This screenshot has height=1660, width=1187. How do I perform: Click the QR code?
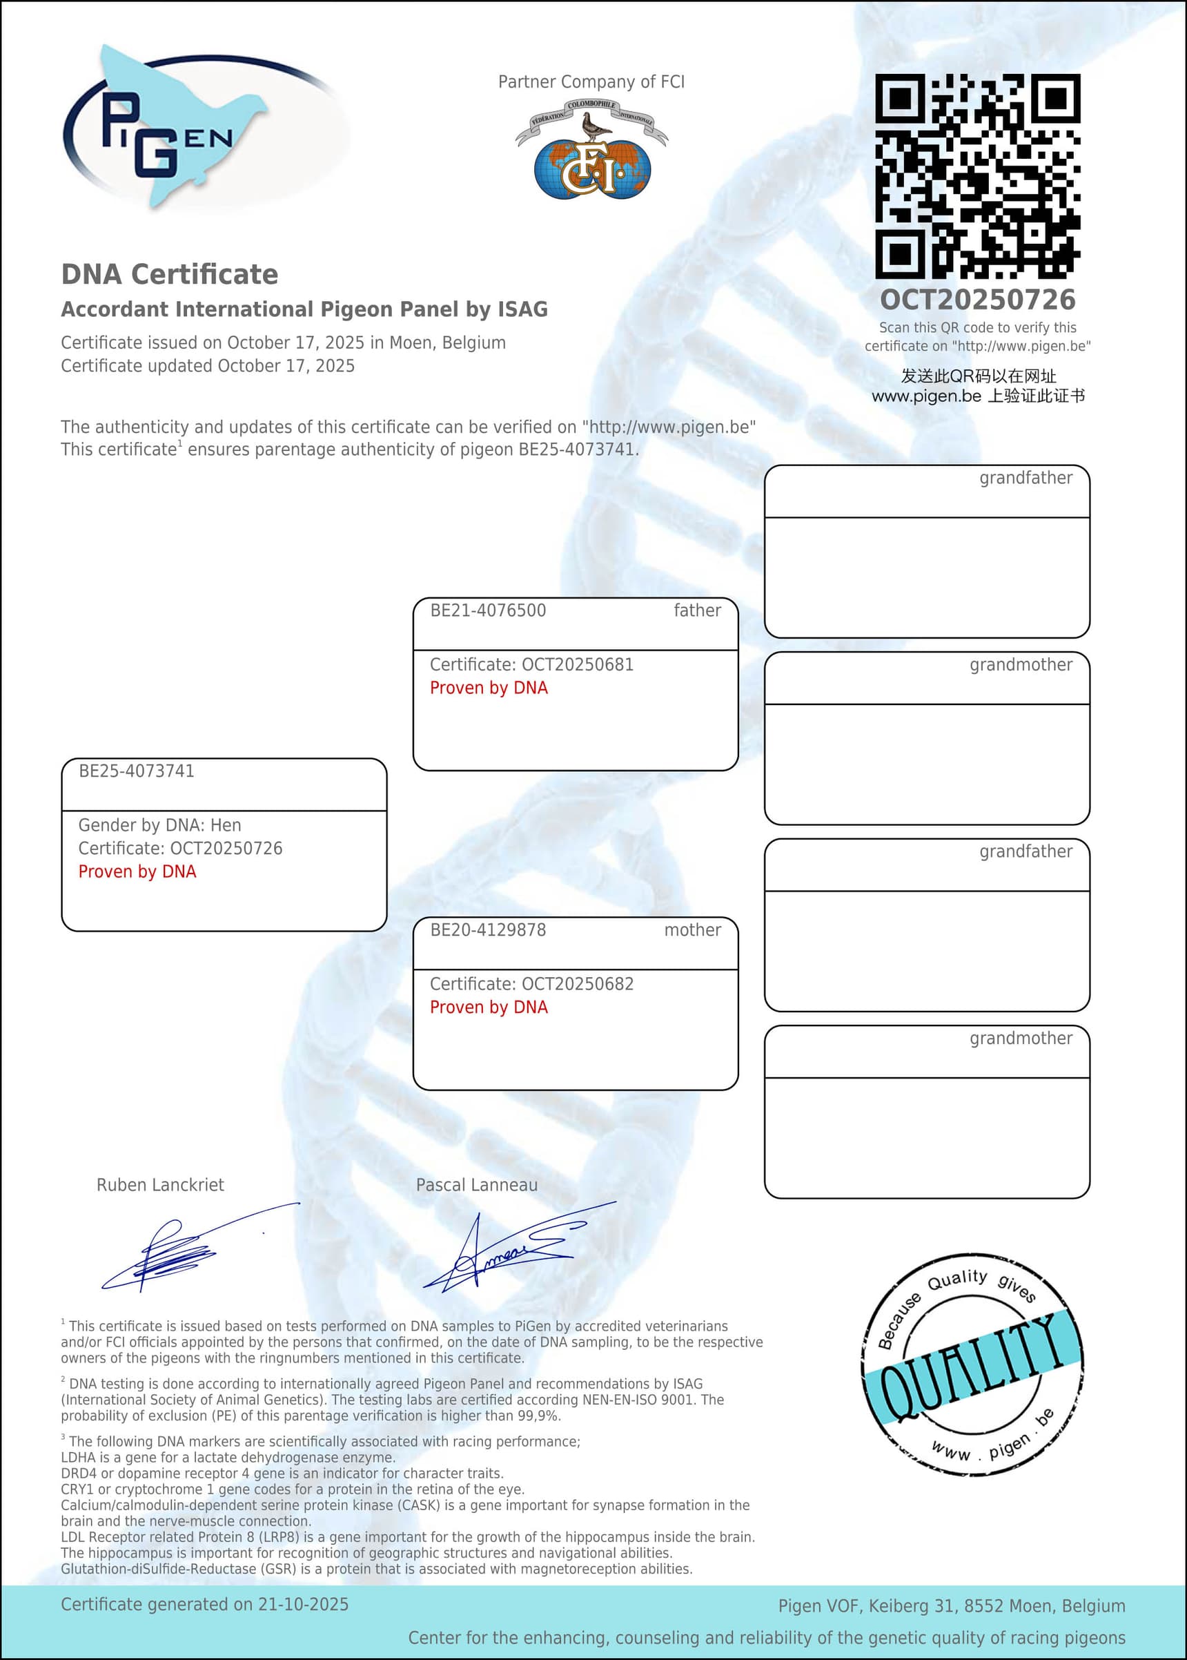click(x=977, y=175)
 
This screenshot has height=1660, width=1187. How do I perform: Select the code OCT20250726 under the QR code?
click(x=977, y=299)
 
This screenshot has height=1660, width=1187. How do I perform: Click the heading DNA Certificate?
click(x=170, y=274)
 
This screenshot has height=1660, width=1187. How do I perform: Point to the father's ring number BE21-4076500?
click(x=487, y=610)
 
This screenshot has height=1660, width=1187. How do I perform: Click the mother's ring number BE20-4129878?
click(x=487, y=930)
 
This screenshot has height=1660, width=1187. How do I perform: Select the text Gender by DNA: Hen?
click(x=159, y=825)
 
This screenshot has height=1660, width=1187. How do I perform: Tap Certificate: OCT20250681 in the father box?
click(x=531, y=665)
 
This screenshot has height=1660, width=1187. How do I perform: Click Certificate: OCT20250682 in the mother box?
click(x=531, y=984)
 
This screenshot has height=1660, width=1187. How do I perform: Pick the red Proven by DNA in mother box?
click(x=488, y=1007)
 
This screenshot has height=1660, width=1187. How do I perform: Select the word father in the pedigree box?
click(x=696, y=610)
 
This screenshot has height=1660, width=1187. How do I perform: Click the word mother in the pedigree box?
click(x=692, y=930)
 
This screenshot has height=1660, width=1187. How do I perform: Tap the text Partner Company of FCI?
click(x=591, y=82)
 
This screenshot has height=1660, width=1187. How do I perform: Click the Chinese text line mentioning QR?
click(x=978, y=376)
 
